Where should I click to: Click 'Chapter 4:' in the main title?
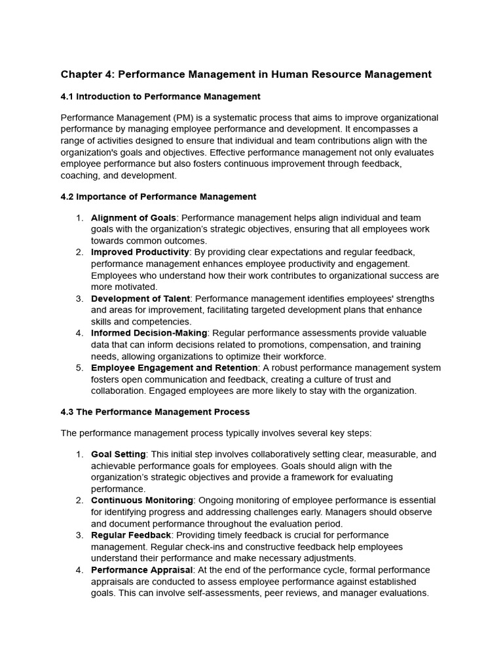coord(86,75)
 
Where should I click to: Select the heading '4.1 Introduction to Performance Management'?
coord(160,97)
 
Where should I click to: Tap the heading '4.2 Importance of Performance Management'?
coord(158,197)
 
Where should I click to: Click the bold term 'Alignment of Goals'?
coord(133,218)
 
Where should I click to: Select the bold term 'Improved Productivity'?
coord(140,253)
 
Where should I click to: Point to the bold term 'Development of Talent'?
coord(140,299)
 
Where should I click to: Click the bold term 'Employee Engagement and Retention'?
coord(174,368)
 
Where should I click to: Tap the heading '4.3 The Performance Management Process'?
coord(155,412)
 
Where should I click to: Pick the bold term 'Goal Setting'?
coord(118,455)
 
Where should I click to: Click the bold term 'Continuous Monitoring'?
coord(141,501)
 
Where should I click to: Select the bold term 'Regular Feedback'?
coord(130,535)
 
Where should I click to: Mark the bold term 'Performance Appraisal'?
coord(141,571)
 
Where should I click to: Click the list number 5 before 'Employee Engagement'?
coord(79,368)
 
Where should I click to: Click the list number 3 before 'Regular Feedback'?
coord(79,535)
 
